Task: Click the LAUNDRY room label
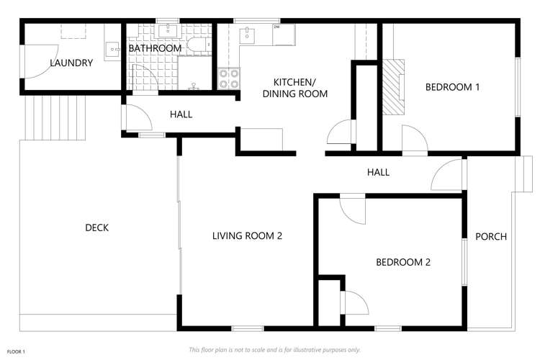tap(71, 63)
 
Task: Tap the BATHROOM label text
tap(155, 48)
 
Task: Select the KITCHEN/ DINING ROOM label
tap(295, 88)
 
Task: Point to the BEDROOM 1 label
tap(452, 87)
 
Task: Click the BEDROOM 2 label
tap(403, 262)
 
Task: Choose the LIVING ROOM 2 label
tap(246, 235)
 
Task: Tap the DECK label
tap(96, 228)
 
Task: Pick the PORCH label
tap(491, 236)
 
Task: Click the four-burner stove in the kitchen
tap(228, 78)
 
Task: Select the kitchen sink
tap(247, 34)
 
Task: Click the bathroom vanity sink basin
tap(171, 30)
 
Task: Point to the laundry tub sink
tap(112, 49)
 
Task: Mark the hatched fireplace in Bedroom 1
tap(392, 86)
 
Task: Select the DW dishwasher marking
tap(276, 27)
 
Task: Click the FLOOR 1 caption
tap(17, 351)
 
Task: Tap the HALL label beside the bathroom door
tap(181, 114)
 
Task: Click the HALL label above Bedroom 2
tap(378, 172)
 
